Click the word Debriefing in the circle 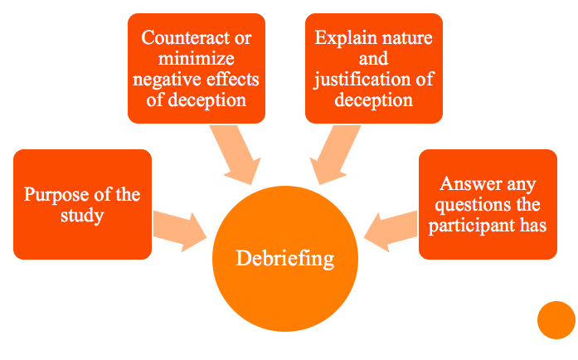tap(285, 258)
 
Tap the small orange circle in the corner tap(556, 320)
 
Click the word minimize tap(197, 59)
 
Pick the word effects tap(232, 80)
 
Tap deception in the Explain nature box tap(374, 100)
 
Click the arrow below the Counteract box tap(233, 155)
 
